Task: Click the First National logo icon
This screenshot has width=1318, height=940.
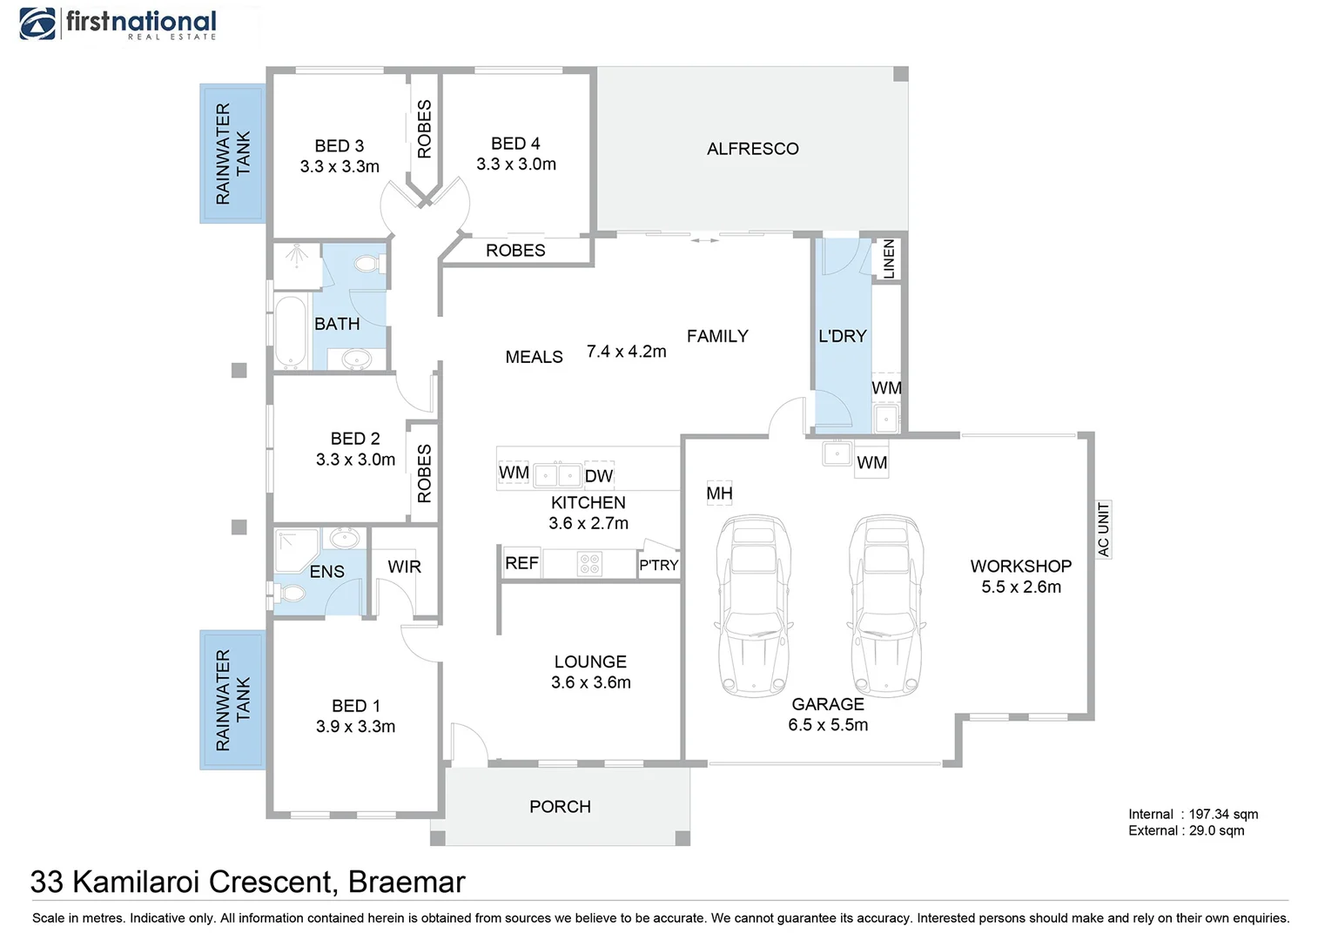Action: pos(37,23)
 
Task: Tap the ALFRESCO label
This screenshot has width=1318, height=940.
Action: pos(752,149)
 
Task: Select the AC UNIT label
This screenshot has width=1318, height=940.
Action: pos(1103,529)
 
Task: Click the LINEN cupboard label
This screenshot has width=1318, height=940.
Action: pos(889,258)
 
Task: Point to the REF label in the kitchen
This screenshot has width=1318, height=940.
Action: pos(521,563)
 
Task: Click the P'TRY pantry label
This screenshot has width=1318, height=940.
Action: pos(658,565)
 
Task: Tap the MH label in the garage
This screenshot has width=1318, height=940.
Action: pos(719,493)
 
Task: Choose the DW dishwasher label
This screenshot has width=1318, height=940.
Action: pos(599,476)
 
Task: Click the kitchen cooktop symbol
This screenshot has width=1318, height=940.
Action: pos(589,563)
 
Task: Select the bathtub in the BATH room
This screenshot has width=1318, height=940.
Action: pos(291,332)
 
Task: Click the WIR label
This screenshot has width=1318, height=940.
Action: pos(404,567)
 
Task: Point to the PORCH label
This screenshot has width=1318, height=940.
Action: pos(560,807)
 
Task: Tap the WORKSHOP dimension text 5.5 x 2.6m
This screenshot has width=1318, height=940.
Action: pos(1021,587)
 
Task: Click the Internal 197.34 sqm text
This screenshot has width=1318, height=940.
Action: pos(1193,814)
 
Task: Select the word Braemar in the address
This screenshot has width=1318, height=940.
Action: pos(407,882)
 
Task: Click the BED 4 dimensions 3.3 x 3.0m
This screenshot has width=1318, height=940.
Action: pos(516,164)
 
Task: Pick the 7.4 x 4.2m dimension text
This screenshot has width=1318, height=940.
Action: pos(626,351)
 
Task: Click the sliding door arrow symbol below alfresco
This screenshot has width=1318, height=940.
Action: pos(704,240)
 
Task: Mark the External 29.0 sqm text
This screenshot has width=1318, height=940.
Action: pos(1186,830)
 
